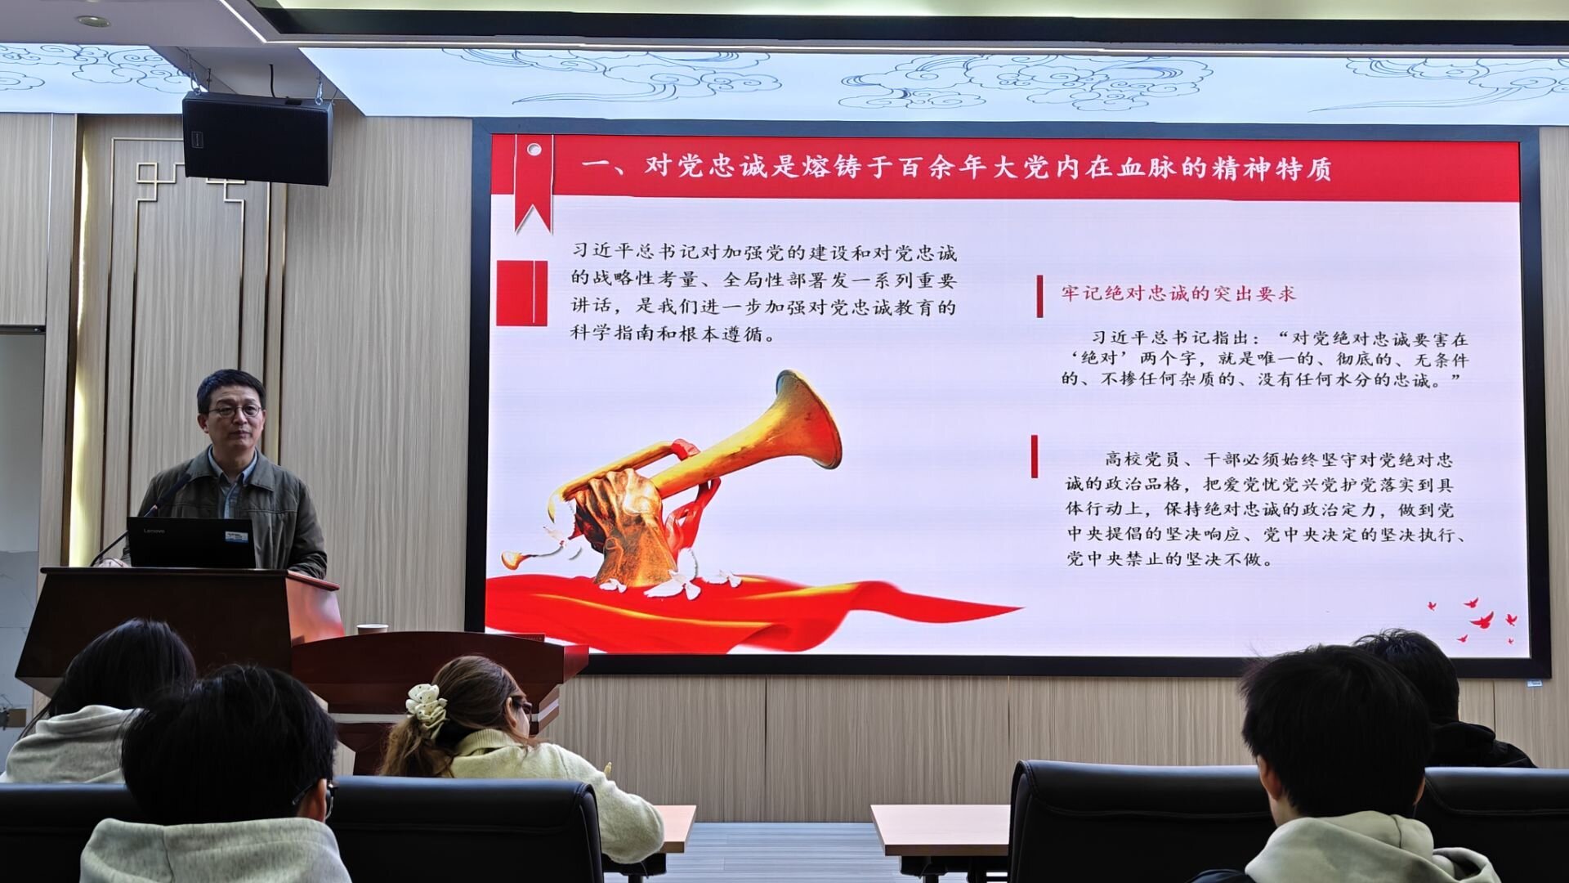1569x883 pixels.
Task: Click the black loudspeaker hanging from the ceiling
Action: click(257, 137)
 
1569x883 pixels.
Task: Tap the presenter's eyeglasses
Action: click(235, 410)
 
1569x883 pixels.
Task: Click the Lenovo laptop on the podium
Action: click(191, 542)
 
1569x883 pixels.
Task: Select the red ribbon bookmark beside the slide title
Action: click(533, 182)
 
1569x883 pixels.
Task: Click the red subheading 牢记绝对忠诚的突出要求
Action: click(1178, 294)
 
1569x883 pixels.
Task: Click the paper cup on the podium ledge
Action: click(372, 629)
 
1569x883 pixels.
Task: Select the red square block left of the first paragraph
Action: click(521, 293)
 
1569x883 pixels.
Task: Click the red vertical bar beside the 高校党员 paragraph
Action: click(1035, 456)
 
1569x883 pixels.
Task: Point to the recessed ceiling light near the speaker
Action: click(93, 21)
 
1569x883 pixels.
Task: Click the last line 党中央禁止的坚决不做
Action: click(1170, 559)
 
